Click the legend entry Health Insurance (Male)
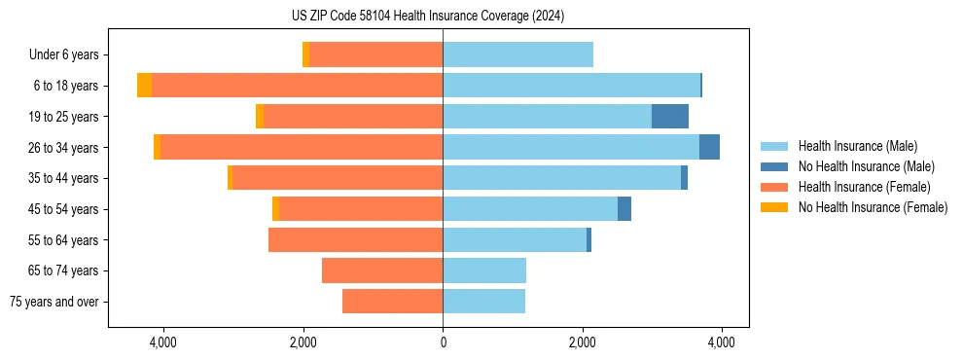(857, 146)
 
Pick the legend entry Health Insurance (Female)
(864, 187)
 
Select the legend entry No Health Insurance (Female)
(873, 207)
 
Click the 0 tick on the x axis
(443, 342)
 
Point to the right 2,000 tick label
(582, 342)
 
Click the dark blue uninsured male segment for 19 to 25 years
(670, 117)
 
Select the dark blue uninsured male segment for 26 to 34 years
(709, 147)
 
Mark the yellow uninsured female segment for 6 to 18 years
(144, 86)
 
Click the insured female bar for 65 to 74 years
(382, 270)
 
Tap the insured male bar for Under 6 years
(517, 54)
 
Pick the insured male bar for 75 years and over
(483, 302)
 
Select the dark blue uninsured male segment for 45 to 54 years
(624, 209)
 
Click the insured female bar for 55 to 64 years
(355, 239)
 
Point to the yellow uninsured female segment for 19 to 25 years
(260, 117)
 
